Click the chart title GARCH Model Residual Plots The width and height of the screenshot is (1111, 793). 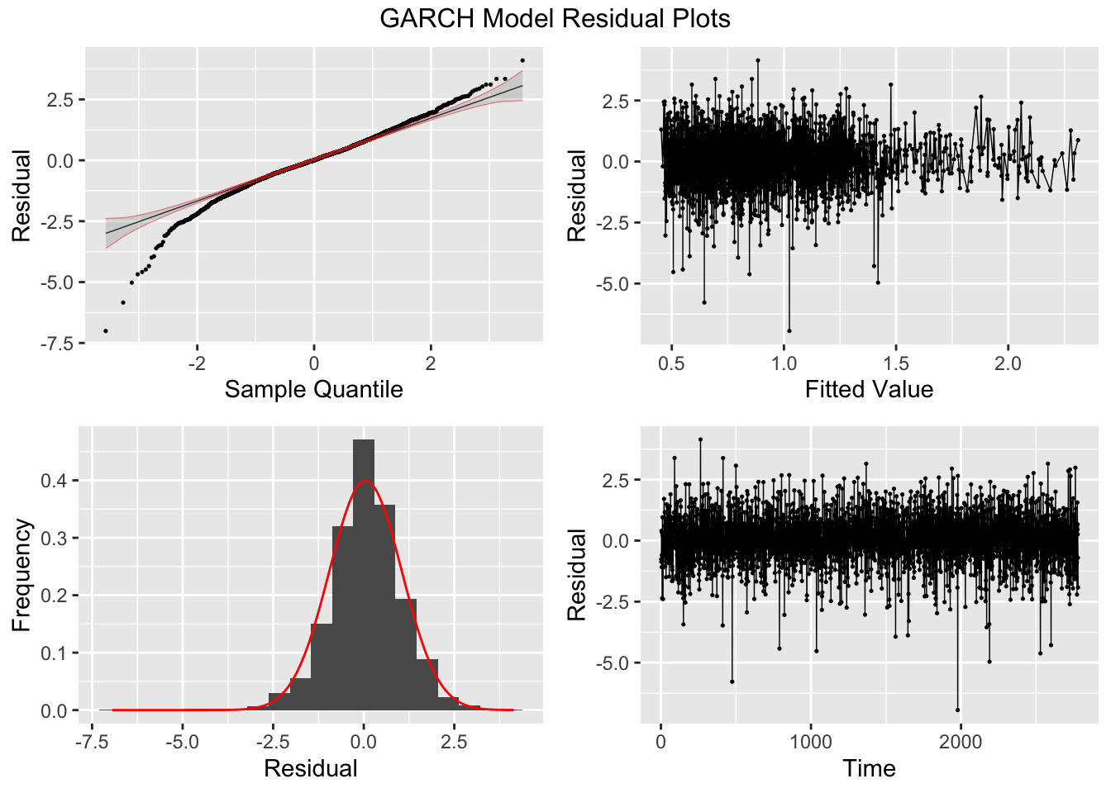pyautogui.click(x=555, y=18)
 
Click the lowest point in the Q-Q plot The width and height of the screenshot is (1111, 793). pyautogui.click(x=105, y=331)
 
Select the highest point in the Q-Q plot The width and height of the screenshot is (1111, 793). pyautogui.click(x=522, y=60)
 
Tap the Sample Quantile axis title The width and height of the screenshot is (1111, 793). pyautogui.click(x=313, y=389)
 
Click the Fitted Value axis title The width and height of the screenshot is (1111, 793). pyautogui.click(x=869, y=389)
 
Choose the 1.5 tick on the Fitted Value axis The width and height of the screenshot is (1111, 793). pyautogui.click(x=895, y=363)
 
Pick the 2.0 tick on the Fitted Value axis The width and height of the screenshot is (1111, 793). pyautogui.click(x=1008, y=363)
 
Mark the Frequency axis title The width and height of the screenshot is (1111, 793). pyautogui.click(x=21, y=575)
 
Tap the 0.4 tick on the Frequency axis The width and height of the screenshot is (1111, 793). pyautogui.click(x=55, y=481)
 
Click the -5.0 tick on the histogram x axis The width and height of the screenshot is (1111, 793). pyautogui.click(x=183, y=742)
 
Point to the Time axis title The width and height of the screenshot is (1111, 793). pyautogui.click(x=869, y=769)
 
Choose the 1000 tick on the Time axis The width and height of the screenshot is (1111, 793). pyautogui.click(x=811, y=742)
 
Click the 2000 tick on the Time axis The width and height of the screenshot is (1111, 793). pyautogui.click(x=961, y=742)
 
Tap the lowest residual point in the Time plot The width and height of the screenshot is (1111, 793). pyautogui.click(x=958, y=710)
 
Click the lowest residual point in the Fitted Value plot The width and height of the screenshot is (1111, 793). pyautogui.click(x=789, y=331)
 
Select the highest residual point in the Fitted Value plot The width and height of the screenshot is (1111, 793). pyautogui.click(x=757, y=60)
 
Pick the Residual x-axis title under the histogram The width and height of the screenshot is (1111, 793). pyautogui.click(x=311, y=769)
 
